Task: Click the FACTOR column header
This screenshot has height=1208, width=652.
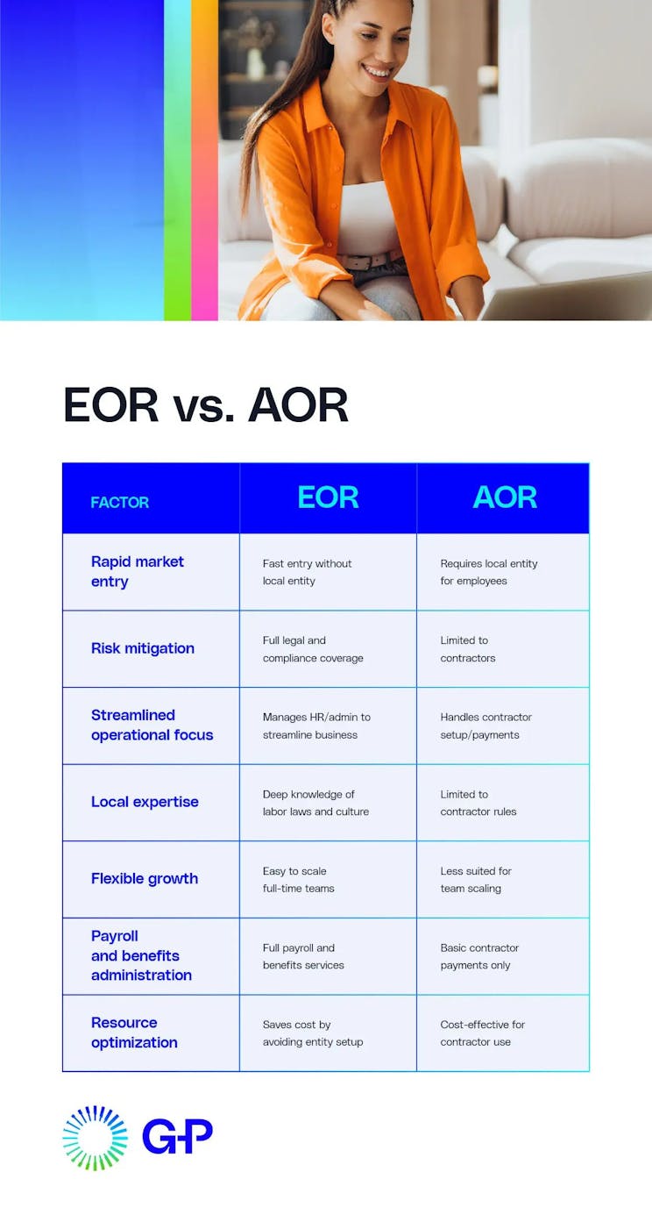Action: tap(120, 503)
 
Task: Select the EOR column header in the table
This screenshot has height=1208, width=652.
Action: tap(328, 497)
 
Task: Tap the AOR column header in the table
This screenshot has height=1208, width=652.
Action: tap(504, 497)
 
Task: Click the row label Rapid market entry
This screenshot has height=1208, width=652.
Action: tap(138, 571)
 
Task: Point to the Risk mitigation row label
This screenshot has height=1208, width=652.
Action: tap(143, 648)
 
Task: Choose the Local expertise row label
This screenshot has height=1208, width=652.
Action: tap(145, 802)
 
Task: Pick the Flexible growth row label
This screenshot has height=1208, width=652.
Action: tap(145, 878)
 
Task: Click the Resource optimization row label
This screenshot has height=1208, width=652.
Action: tap(134, 1033)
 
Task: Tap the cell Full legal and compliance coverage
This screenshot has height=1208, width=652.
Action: tap(313, 649)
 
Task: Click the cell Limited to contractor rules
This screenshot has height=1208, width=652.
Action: tap(478, 803)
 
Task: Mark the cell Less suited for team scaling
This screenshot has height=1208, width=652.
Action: tap(476, 879)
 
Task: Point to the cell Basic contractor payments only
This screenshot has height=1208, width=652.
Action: tap(479, 956)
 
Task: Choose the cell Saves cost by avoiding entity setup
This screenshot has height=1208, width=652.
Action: tap(313, 1033)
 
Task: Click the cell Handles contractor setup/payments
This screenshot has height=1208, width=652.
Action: tap(485, 726)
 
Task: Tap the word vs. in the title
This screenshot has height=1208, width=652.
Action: tap(203, 405)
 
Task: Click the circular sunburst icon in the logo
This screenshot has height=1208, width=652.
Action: tap(95, 1138)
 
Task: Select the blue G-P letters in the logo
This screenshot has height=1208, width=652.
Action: tap(177, 1136)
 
